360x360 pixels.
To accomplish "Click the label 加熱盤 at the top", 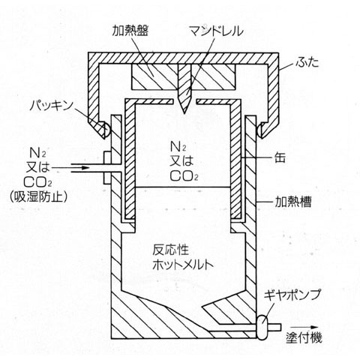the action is (x=130, y=31).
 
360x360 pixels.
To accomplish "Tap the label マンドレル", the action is (x=216, y=31).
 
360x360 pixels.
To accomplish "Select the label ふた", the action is (x=307, y=62).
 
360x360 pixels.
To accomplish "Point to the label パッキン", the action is (x=51, y=106).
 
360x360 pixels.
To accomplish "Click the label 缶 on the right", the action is (x=280, y=157).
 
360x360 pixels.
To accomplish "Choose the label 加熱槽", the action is (x=293, y=202).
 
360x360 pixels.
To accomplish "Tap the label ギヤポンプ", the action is (x=292, y=295).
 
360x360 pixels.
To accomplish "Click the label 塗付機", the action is (x=304, y=338).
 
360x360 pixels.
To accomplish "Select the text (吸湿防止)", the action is (x=38, y=196).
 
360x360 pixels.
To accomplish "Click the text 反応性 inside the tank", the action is (x=171, y=250).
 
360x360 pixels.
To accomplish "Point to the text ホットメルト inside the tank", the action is (x=183, y=265).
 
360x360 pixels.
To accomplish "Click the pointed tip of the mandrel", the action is (x=184, y=113).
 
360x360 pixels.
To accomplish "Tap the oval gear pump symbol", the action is (x=262, y=327).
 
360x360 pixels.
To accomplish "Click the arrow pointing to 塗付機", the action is (x=304, y=327).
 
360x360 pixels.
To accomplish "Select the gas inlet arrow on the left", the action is (x=80, y=168).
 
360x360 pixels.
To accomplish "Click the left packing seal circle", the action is (x=106, y=130).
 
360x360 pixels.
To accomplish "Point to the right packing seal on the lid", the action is (x=260, y=130).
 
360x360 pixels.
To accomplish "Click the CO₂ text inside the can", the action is (x=184, y=175).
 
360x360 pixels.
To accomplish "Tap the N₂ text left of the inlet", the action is (x=38, y=153).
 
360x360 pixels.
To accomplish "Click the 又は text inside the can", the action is (x=181, y=161).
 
